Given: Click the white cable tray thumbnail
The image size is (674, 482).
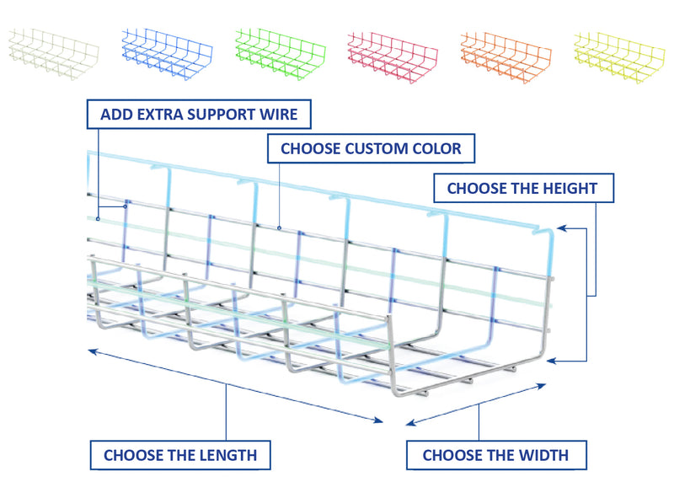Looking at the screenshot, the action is click(53, 54).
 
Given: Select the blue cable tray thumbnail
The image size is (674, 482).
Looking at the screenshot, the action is click(167, 54).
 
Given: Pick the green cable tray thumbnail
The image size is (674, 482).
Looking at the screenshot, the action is click(281, 54).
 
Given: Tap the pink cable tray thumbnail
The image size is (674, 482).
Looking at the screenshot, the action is click(393, 56).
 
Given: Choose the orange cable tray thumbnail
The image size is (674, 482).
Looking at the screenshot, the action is click(506, 56).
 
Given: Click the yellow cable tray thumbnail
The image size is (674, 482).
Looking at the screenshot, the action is click(619, 57).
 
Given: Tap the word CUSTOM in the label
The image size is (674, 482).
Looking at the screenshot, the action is click(376, 149).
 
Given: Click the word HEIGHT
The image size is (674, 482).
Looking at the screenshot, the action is click(570, 188).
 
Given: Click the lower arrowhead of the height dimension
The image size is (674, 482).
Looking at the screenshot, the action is click(552, 361).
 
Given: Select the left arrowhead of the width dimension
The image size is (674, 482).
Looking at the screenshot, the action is click(410, 424).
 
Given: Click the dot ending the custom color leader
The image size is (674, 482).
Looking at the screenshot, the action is click(280, 228).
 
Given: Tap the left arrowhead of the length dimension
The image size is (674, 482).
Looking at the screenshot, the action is click(93, 351).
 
